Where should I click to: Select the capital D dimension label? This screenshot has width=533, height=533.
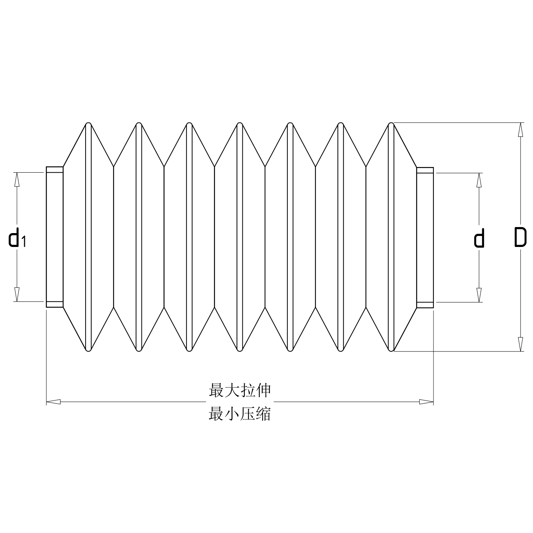point(520,238)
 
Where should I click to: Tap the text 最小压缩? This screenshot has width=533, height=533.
point(240,414)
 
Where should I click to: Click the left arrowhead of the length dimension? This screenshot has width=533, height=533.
point(53,402)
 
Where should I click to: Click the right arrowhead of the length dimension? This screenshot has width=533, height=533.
point(426,402)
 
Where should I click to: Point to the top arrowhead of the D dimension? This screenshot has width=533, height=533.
point(521,129)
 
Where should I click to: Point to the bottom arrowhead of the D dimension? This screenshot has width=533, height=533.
point(521,344)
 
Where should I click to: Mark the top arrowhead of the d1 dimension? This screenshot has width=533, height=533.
point(16,179)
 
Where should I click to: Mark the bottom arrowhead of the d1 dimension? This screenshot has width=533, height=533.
point(16,294)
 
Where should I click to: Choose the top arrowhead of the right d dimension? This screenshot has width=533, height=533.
point(479,180)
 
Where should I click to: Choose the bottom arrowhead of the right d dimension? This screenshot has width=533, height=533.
point(479,295)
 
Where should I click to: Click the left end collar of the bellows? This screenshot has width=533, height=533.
point(55,237)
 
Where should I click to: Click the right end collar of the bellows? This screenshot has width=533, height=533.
point(425,237)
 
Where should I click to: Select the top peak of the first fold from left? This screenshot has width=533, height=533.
point(88,124)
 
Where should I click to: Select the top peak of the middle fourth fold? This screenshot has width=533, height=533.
point(240,124)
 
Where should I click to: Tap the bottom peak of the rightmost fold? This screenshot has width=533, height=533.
point(391,350)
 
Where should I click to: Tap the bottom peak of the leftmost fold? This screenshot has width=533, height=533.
point(88,350)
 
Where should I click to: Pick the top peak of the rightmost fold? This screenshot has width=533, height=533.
point(391,124)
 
